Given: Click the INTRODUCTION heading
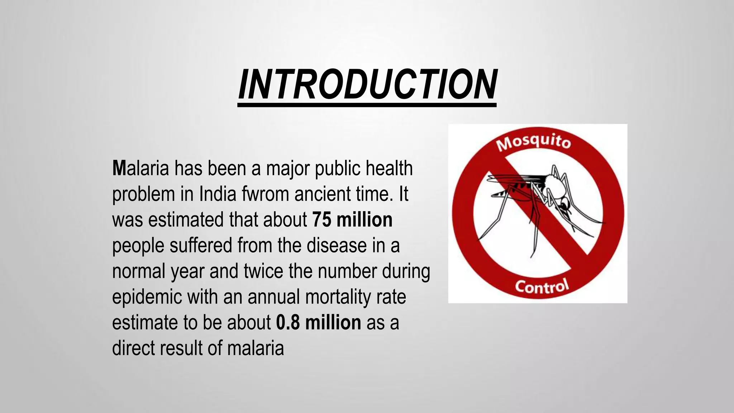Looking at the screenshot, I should (x=367, y=85).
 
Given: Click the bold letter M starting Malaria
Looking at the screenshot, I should (x=119, y=168).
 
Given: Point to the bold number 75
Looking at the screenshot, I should (x=321, y=220).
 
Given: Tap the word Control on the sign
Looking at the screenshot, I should (x=542, y=286).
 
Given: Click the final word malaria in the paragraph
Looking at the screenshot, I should (x=256, y=348).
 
